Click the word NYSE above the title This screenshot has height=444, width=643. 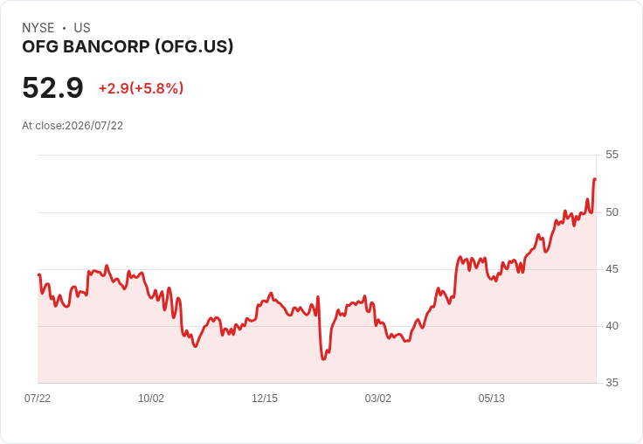click(38, 28)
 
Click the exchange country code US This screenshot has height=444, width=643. click(82, 28)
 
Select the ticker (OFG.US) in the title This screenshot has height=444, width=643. click(194, 46)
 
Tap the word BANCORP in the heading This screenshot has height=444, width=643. click(107, 46)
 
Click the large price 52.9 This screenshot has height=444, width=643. click(52, 87)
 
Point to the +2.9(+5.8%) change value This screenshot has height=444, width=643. click(141, 88)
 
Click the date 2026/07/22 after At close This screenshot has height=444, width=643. click(93, 126)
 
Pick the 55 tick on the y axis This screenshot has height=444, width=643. click(612, 155)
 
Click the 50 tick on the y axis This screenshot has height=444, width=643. click(612, 212)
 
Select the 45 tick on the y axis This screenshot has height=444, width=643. click(612, 269)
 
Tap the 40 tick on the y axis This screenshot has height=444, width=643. click(612, 326)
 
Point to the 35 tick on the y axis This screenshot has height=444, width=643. click(612, 383)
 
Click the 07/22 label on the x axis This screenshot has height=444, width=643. click(38, 399)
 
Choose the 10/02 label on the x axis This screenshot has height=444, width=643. click(151, 399)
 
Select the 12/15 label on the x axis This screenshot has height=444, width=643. click(265, 399)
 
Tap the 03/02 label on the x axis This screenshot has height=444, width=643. click(378, 399)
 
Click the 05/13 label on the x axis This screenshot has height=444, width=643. click(491, 399)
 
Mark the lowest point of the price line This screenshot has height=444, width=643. click(323, 359)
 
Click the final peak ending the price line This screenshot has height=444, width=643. click(595, 179)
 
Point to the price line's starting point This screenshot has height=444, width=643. click(38, 274)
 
